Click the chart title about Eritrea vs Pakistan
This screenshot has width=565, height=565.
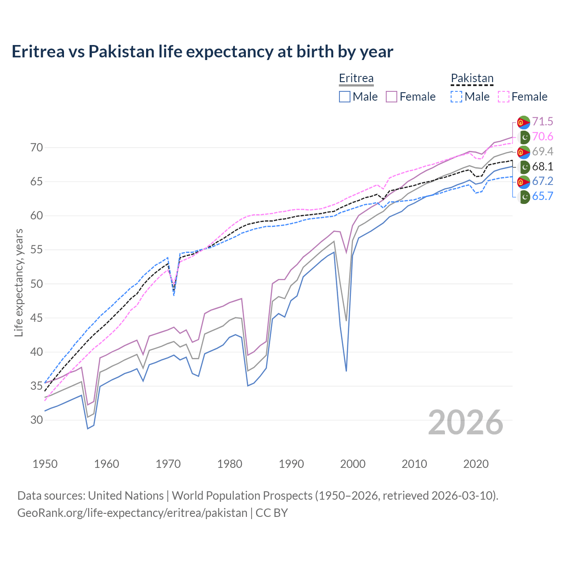tap(202, 52)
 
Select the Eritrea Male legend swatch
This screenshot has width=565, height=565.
tap(345, 97)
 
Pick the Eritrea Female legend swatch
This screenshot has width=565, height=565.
tap(392, 97)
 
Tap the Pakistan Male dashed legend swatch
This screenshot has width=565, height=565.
tap(456, 97)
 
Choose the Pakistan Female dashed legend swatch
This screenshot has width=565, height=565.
tap(504, 97)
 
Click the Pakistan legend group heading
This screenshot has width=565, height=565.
tap(472, 79)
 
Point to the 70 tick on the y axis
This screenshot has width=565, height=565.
tap(37, 147)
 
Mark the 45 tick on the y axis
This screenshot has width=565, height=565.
tap(37, 318)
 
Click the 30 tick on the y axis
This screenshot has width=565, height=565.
tap(37, 420)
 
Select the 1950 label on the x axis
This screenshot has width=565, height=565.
tap(45, 464)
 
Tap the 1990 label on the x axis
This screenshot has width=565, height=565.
tap(291, 464)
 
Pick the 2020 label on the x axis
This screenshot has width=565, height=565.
tap(476, 464)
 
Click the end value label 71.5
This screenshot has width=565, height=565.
tap(542, 122)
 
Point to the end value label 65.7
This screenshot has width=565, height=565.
tap(542, 196)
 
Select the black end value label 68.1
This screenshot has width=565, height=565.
tap(542, 166)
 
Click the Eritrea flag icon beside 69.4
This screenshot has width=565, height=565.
tap(524, 152)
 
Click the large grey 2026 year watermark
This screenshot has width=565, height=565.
tap(466, 422)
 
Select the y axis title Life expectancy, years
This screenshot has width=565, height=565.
tap(19, 282)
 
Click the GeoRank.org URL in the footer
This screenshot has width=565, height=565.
tap(132, 513)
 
